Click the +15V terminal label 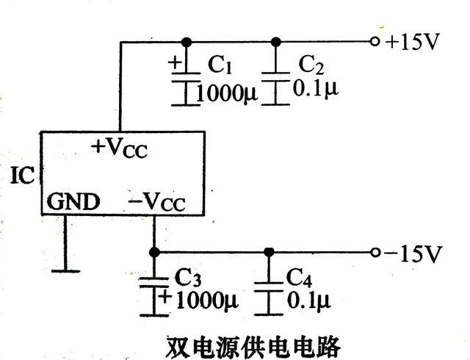(412, 41)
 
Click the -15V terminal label (413, 253)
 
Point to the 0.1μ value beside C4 (308, 300)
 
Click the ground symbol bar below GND (65, 270)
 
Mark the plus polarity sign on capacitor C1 (175, 62)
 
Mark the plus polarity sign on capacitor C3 (165, 298)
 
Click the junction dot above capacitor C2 (276, 41)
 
